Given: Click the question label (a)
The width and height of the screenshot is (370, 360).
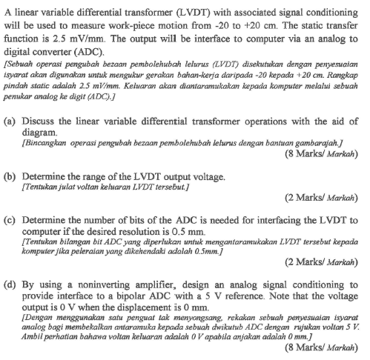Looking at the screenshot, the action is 11,120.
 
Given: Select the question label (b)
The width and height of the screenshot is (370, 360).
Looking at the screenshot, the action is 11,177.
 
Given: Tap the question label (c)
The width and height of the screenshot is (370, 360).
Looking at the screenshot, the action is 11,221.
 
